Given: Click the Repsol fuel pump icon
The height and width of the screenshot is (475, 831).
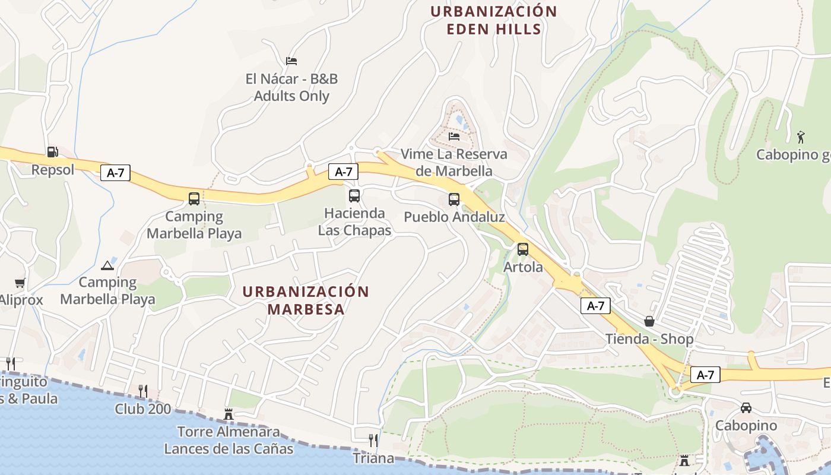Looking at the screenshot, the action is tap(52, 152).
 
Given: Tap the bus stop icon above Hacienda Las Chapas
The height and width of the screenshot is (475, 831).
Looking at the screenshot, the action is tap(354, 195).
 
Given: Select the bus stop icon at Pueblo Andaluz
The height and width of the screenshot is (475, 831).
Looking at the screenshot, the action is tap(454, 199).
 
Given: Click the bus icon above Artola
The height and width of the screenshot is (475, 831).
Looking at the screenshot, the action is tap(522, 249).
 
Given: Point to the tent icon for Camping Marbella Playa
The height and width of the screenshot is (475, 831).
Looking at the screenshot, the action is tap(107, 265).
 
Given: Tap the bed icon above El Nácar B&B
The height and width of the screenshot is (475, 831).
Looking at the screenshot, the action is tap(291, 61).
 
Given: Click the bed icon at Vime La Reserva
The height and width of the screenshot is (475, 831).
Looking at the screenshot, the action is tap(454, 136).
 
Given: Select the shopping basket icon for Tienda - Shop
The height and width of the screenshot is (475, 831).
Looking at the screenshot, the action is tap(649, 321).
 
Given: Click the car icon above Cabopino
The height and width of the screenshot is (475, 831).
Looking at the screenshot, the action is tap(746, 408).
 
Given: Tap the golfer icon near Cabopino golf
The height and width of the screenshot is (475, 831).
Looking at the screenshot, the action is tap(801, 137).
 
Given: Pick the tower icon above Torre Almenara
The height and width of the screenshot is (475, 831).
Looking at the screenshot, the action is tap(229, 414).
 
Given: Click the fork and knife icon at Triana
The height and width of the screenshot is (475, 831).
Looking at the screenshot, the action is tap(373, 440).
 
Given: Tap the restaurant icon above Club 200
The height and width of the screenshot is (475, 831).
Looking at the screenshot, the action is tap(142, 391).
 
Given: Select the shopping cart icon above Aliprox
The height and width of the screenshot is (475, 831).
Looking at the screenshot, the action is tap(20, 283).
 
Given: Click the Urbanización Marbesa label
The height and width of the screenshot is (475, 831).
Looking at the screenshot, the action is tap(306, 300).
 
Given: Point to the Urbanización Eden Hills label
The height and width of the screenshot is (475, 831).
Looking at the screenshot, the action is tap(493, 20).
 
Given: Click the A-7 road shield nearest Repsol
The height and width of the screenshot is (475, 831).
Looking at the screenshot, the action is tap(115, 173).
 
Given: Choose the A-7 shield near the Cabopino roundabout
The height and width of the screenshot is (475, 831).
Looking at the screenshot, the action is tap(705, 375).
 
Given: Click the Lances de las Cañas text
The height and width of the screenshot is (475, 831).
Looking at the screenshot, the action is tap(229, 448).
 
